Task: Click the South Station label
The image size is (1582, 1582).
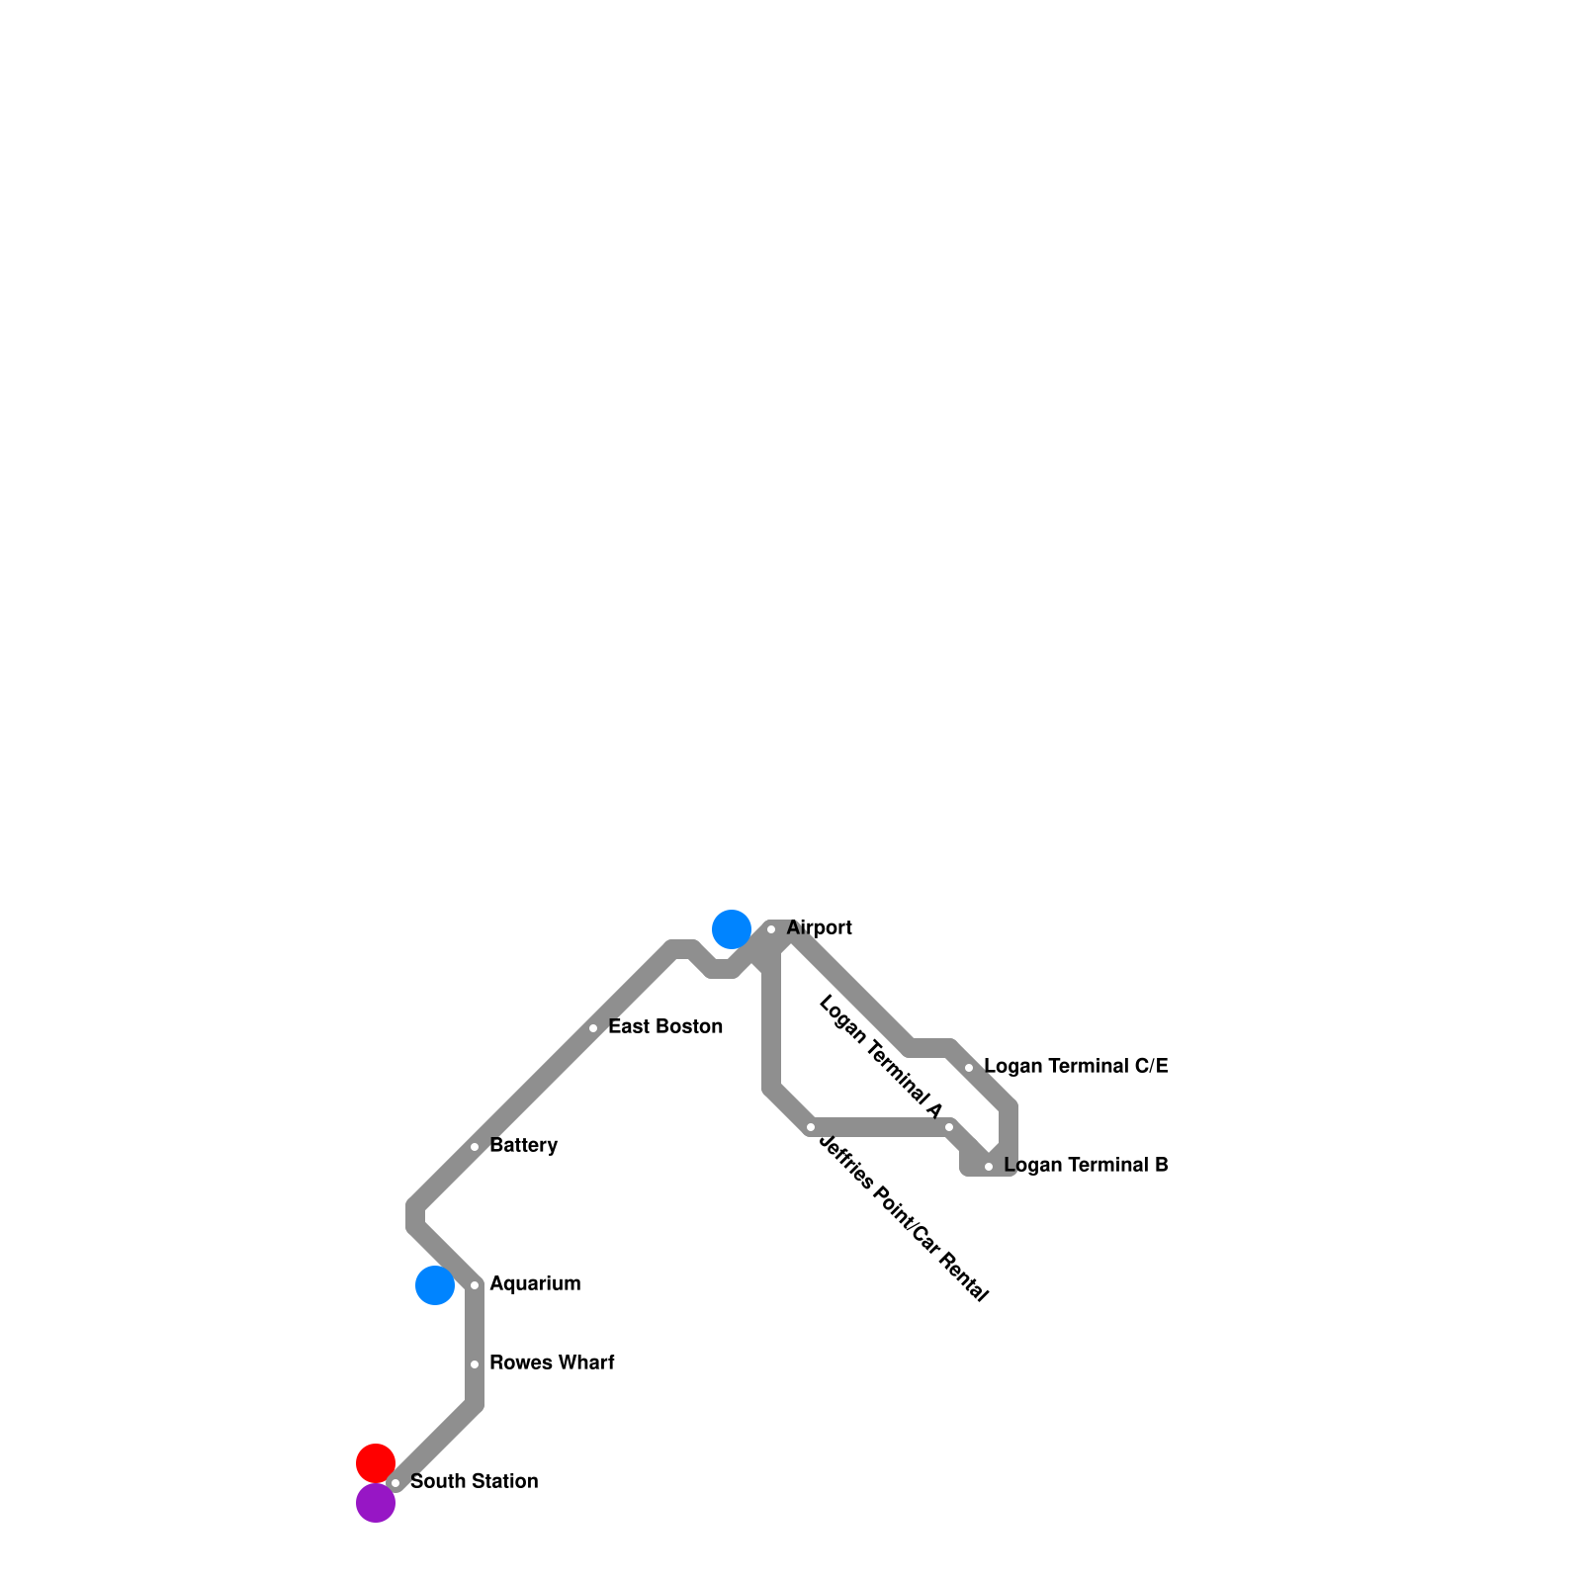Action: pyautogui.click(x=474, y=1481)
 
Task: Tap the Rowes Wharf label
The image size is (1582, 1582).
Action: pyautogui.click(x=552, y=1362)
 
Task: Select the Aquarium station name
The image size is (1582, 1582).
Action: pyautogui.click(x=535, y=1283)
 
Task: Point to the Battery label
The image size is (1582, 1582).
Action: pyautogui.click(x=523, y=1145)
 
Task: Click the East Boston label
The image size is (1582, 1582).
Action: pyautogui.click(x=664, y=1026)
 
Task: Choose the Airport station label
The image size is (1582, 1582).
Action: pyautogui.click(x=819, y=927)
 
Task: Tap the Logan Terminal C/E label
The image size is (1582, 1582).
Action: pyautogui.click(x=1076, y=1066)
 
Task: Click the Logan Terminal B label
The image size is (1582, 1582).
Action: pyautogui.click(x=1086, y=1165)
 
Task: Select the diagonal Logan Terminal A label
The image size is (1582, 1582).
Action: pyautogui.click(x=880, y=1057)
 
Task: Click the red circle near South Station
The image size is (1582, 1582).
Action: pyautogui.click(x=376, y=1463)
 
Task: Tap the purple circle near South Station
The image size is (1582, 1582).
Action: pyautogui.click(x=376, y=1503)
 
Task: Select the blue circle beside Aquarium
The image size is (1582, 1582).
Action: pyautogui.click(x=435, y=1285)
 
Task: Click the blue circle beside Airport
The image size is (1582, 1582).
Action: pyautogui.click(x=732, y=929)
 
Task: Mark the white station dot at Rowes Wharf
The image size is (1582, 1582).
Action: pyautogui.click(x=475, y=1364)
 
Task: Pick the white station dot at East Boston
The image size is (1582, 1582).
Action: pyautogui.click(x=593, y=1028)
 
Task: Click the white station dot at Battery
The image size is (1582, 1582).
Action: pyautogui.click(x=475, y=1147)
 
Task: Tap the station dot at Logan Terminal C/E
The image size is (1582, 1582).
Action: pyautogui.click(x=969, y=1068)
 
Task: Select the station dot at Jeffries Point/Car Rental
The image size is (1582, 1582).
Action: pyautogui.click(x=811, y=1127)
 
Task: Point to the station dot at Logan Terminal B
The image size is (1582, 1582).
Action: pyautogui.click(x=989, y=1167)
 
